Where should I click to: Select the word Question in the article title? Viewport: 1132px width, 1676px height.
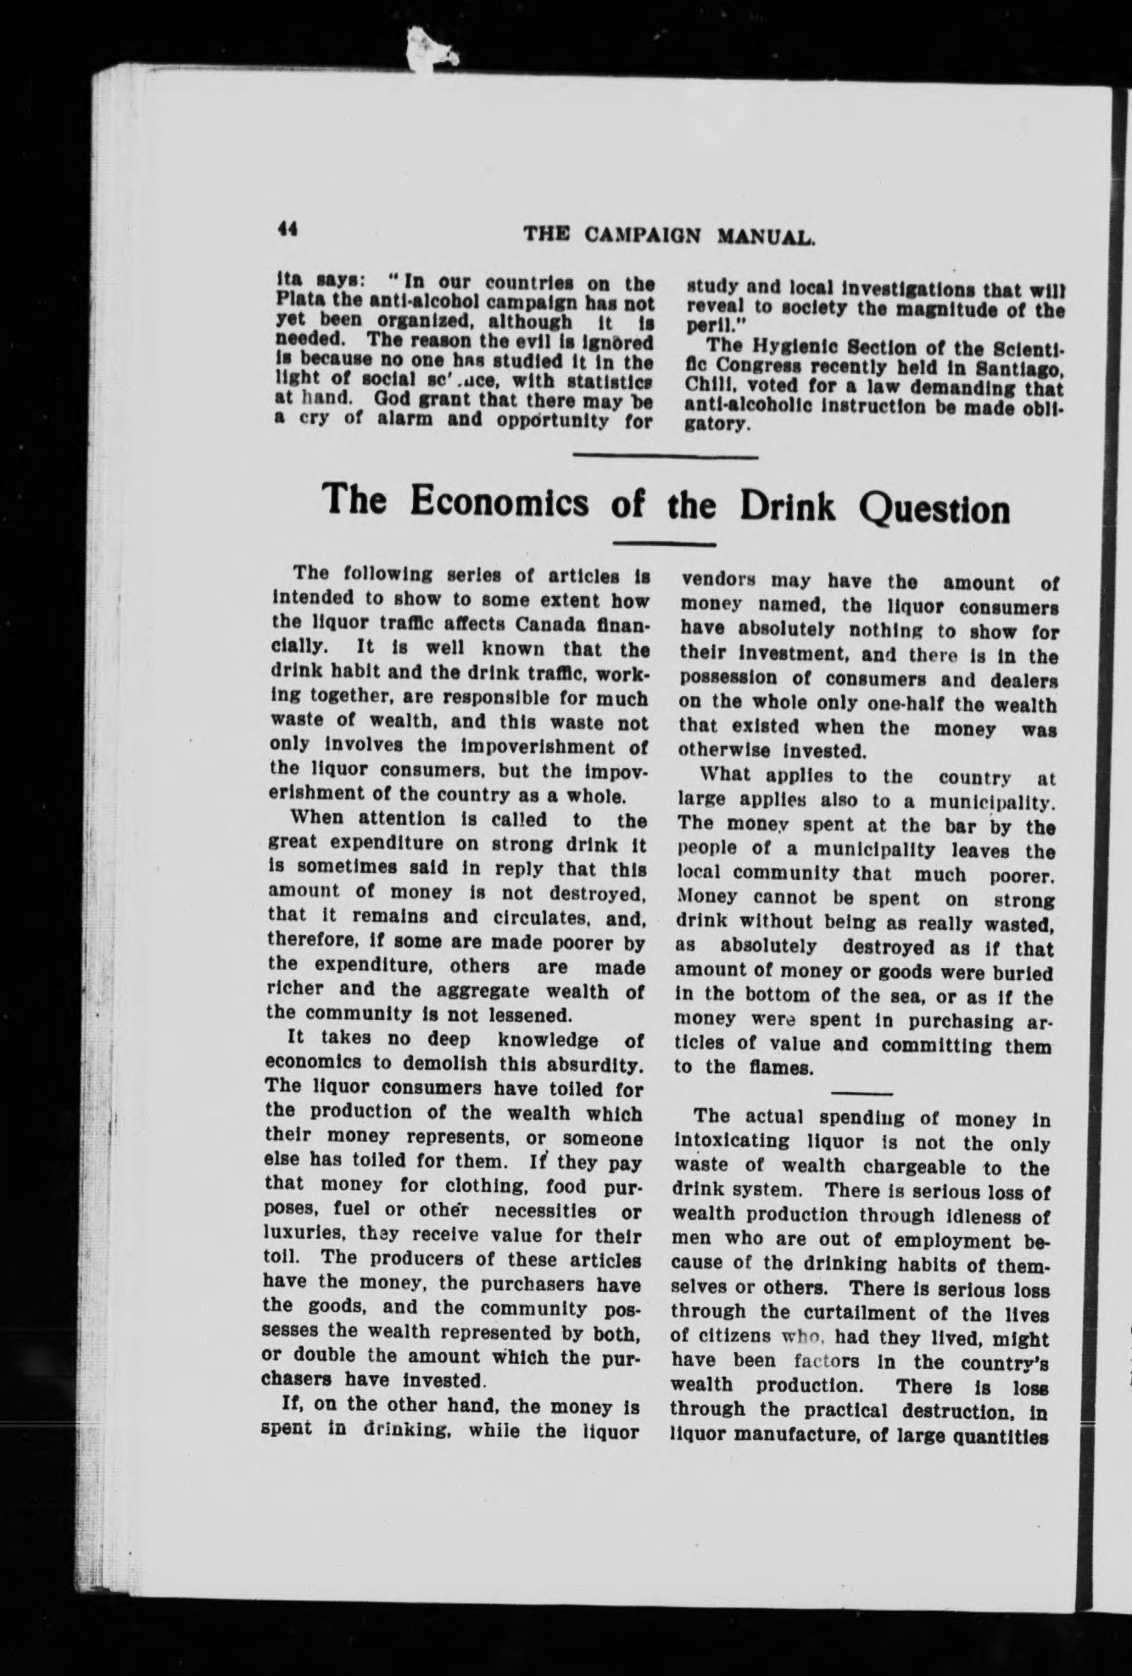point(934,509)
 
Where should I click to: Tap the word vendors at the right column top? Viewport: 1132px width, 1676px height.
point(720,583)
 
